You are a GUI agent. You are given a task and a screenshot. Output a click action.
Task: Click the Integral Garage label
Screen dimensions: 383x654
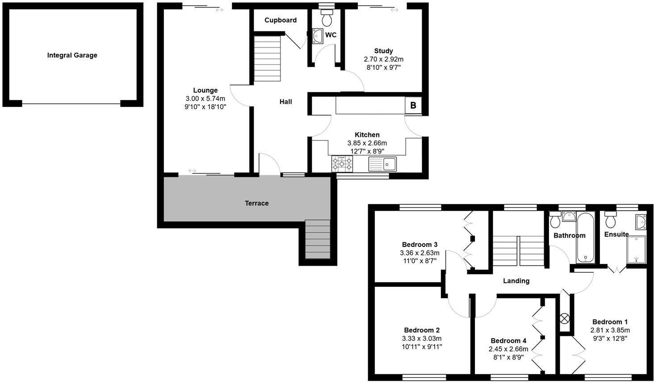(x=72, y=55)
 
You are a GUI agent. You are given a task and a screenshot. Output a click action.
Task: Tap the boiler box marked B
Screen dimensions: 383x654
(x=413, y=106)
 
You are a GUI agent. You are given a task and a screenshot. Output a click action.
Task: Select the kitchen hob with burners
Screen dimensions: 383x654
(x=342, y=164)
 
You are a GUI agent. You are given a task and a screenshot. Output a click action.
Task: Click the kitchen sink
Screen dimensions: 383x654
(x=382, y=164)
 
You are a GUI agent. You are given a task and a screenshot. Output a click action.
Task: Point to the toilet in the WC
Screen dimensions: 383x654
(x=327, y=18)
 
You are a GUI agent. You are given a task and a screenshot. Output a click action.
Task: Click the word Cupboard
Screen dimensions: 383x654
(x=281, y=20)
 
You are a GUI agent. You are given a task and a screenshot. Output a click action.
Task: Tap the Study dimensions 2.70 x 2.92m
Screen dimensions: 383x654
(x=383, y=59)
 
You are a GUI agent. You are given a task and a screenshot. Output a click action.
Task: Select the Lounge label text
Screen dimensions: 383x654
(x=205, y=90)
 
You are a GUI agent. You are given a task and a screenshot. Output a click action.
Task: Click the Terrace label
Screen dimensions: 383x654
(x=256, y=203)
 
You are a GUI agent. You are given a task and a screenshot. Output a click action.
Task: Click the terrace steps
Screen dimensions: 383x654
(x=317, y=239)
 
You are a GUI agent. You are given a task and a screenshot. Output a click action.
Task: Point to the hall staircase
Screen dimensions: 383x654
(x=267, y=59)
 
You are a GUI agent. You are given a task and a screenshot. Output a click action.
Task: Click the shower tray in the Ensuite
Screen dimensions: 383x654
(x=637, y=250)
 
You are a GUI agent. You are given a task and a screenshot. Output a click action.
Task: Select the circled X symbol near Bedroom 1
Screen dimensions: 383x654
(x=565, y=319)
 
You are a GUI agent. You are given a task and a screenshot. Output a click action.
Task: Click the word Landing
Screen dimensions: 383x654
(x=516, y=281)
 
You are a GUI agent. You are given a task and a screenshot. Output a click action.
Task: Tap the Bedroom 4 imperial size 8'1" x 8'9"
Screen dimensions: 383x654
(x=508, y=357)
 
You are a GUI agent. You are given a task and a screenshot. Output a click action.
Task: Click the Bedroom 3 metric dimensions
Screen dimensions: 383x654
(x=419, y=253)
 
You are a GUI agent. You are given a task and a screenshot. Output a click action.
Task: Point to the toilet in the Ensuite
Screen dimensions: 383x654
(x=610, y=220)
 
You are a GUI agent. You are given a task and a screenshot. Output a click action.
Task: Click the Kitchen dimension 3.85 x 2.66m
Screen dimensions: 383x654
(x=367, y=143)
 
